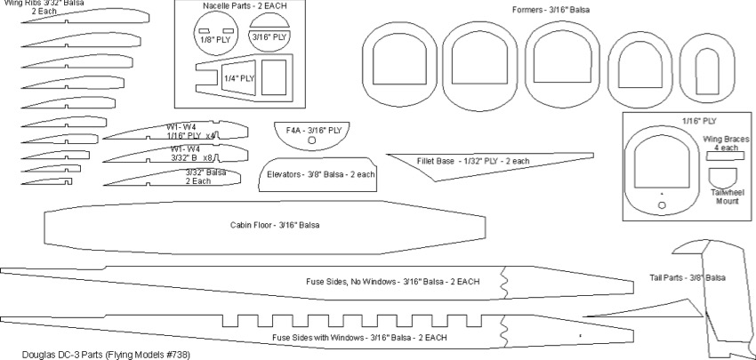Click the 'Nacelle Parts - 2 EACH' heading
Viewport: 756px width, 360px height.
245,6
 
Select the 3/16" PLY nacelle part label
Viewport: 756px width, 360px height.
269,37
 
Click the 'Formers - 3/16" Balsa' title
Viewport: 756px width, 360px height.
551,9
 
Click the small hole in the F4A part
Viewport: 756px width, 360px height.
311,140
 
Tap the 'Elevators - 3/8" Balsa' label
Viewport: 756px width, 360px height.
321,174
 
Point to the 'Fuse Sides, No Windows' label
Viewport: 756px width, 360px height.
392,282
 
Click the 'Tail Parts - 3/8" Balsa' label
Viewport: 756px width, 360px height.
688,278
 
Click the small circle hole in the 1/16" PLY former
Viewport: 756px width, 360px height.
662,205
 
